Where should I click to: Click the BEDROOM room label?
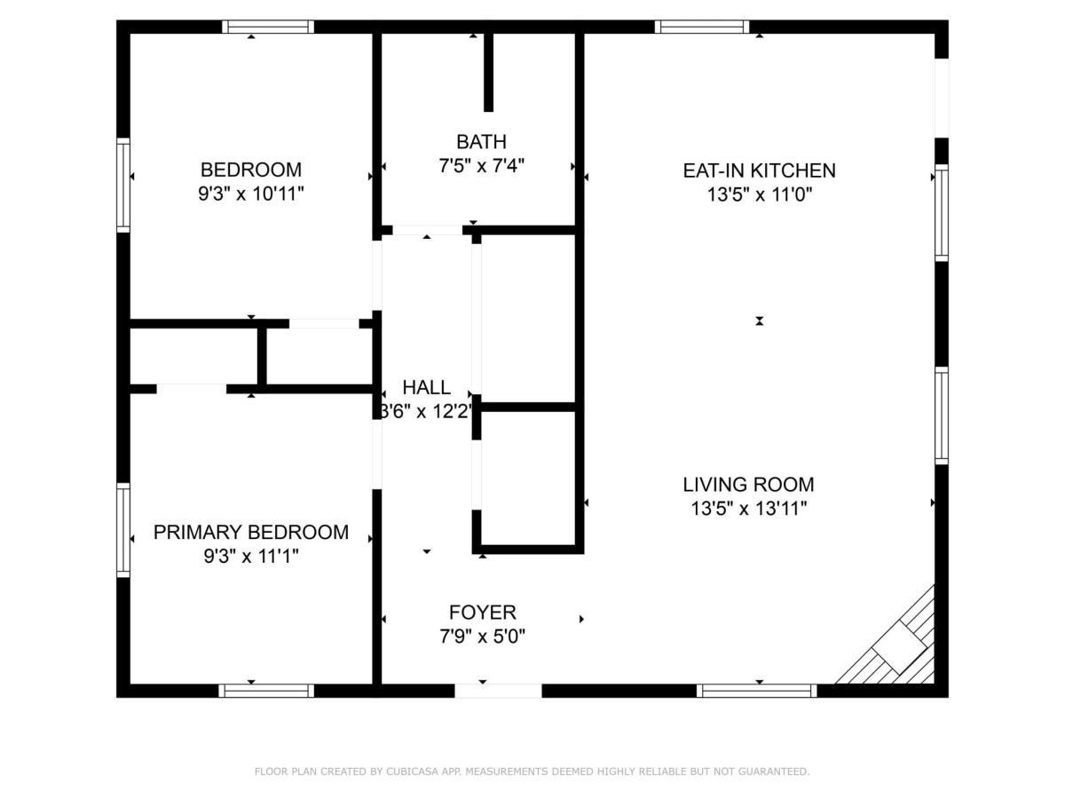pyautogui.click(x=250, y=170)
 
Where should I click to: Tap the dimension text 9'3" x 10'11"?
pyautogui.click(x=250, y=194)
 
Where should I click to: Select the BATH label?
pyautogui.click(x=481, y=142)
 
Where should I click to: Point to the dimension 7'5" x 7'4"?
pyautogui.click(x=481, y=166)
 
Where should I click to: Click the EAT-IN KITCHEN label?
pyautogui.click(x=759, y=170)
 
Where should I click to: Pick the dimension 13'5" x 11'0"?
pyautogui.click(x=759, y=194)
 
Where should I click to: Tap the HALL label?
pyautogui.click(x=426, y=388)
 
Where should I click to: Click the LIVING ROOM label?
pyautogui.click(x=748, y=485)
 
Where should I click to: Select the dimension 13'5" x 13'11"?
pyautogui.click(x=748, y=509)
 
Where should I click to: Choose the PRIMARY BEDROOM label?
pyautogui.click(x=250, y=533)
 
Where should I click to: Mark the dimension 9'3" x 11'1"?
pyautogui.click(x=250, y=557)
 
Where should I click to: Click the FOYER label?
pyautogui.click(x=482, y=613)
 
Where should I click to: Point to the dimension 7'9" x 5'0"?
pyautogui.click(x=482, y=637)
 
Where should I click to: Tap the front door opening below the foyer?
pyautogui.click(x=498, y=691)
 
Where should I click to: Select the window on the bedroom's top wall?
pyautogui.click(x=267, y=27)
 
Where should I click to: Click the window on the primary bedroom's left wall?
pyautogui.click(x=123, y=530)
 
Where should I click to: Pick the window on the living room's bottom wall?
pyautogui.click(x=756, y=691)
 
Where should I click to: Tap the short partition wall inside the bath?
pyautogui.click(x=488, y=73)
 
